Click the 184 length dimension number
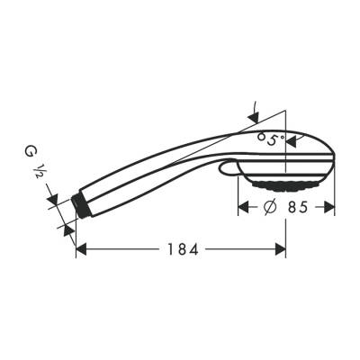181,247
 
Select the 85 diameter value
302,206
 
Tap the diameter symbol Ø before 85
268,206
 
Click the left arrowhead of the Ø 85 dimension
243,206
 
